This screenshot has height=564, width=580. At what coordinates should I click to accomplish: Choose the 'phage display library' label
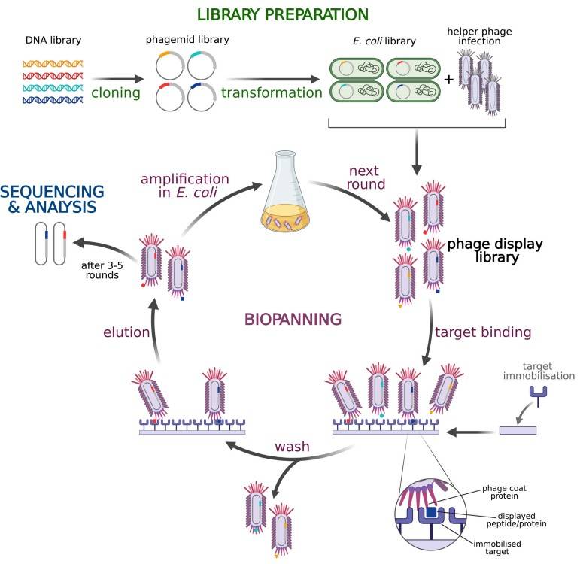pyautogui.click(x=494, y=252)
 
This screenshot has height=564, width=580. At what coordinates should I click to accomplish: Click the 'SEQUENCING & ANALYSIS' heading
pyautogui.click(x=52, y=197)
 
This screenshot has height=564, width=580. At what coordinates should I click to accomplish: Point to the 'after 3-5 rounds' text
pyautogui.click(x=99, y=268)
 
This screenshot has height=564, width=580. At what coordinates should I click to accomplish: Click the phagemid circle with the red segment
pyautogui.click(x=170, y=98)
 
